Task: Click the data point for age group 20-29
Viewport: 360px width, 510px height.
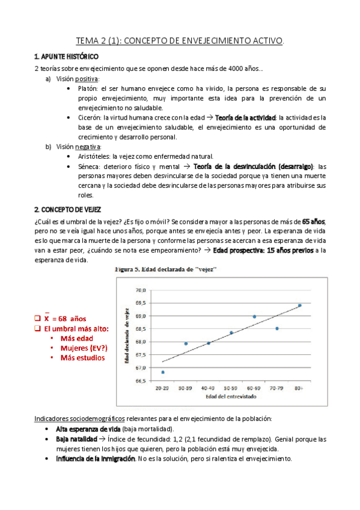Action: pyautogui.click(x=163, y=372)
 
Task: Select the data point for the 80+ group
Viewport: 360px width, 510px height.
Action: pyautogui.click(x=300, y=306)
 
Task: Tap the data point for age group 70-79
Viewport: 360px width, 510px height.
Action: pyautogui.click(x=277, y=328)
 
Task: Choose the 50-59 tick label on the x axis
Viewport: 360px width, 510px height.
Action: pyautogui.click(x=231, y=390)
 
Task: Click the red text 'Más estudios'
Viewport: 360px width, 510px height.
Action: pyautogui.click(x=82, y=357)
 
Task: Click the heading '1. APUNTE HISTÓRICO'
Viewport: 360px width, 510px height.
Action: pyautogui.click(x=67, y=56)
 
